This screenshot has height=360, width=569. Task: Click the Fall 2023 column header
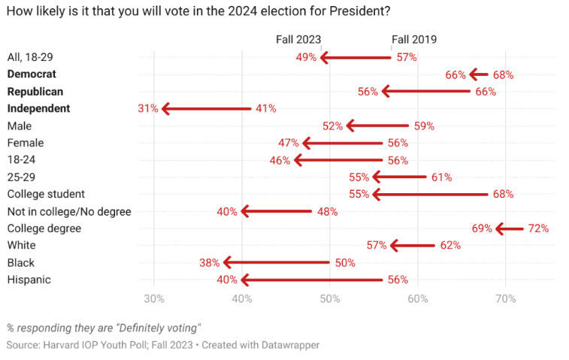point(299,40)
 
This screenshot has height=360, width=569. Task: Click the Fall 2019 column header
point(413,40)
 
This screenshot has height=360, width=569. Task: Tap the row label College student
point(45,194)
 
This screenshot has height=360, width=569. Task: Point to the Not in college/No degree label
point(69,211)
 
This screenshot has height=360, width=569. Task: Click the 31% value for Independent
point(147,109)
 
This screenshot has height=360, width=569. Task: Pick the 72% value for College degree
point(538,228)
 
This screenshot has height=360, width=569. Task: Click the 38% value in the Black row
point(210,263)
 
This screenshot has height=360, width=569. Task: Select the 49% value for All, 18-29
point(307,58)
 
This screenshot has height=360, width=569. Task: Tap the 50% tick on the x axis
point(329,298)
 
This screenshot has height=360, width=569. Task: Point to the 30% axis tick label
point(154,298)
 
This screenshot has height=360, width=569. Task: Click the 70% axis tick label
point(505,298)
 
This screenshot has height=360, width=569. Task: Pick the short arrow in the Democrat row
point(479,74)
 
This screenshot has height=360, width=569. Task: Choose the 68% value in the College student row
point(503,195)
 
